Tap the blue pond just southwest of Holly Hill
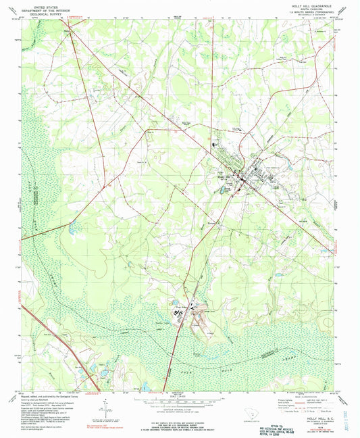coord(223,191)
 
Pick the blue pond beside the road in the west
coord(73,232)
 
